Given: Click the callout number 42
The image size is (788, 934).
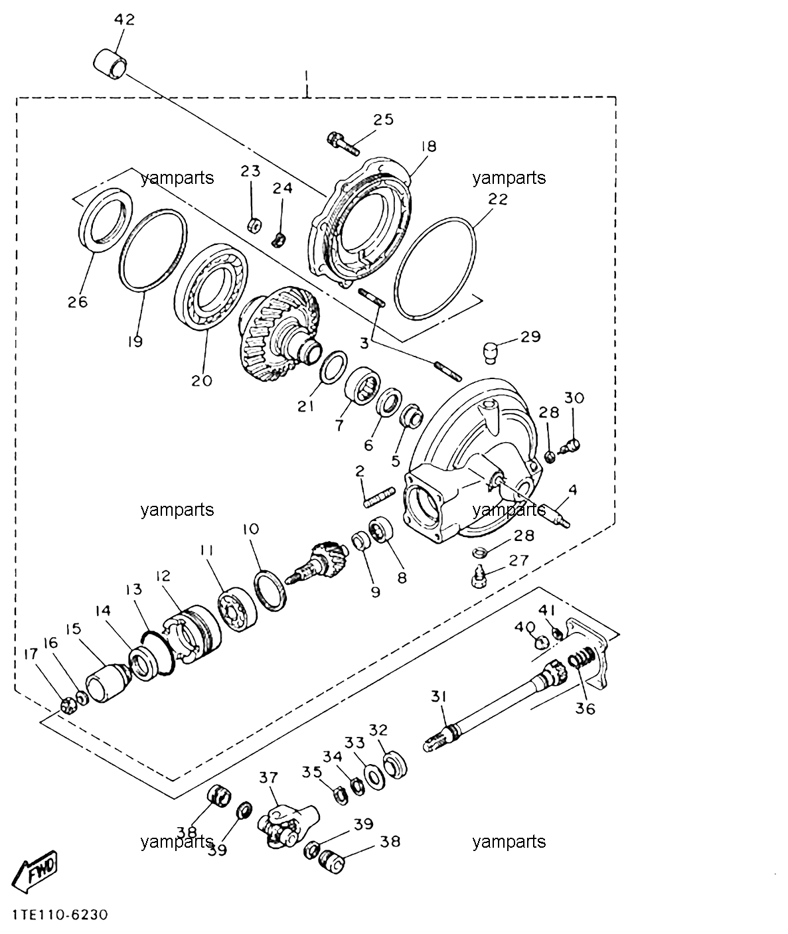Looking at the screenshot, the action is pos(124,20).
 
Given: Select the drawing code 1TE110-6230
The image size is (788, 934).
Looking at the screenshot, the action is pos(60,915).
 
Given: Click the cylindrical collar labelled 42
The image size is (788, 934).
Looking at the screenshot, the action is pos(110,65).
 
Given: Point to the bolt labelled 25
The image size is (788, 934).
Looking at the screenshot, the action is pos(344,143).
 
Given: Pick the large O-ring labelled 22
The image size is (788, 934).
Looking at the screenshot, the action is pos(435,269).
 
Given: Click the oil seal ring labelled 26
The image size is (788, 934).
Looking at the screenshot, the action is pos(106,220).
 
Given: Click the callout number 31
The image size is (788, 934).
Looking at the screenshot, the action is pos(439,696).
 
